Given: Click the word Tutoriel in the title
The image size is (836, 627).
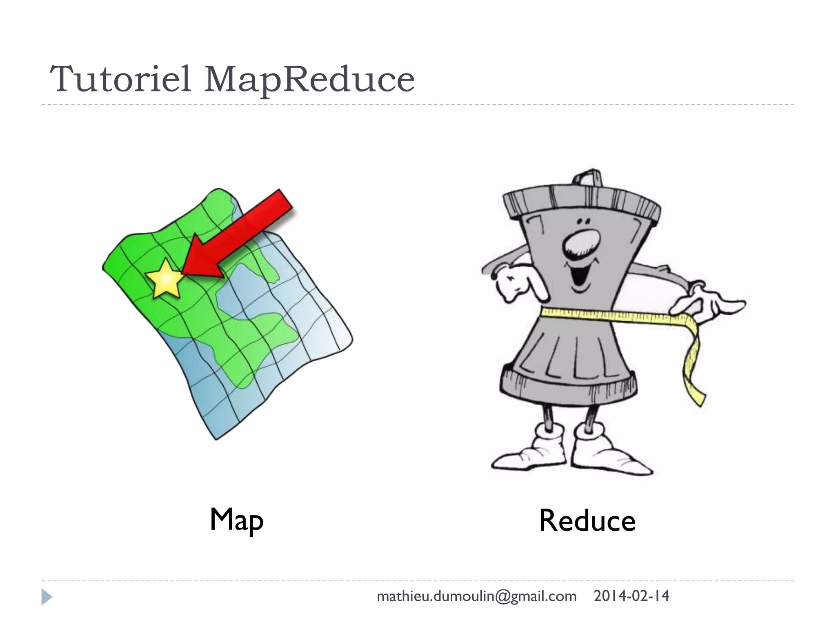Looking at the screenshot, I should click(121, 78).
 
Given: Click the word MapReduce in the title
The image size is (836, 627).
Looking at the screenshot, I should click(309, 79).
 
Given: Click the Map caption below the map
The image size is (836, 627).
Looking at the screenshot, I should click(236, 520).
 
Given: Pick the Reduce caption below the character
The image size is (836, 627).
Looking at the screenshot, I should click(587, 521).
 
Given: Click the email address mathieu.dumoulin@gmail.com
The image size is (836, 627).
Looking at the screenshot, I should click(476, 596).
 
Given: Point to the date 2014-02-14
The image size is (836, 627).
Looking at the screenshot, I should click(631, 596).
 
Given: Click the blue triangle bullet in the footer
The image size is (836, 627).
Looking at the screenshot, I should click(47, 597).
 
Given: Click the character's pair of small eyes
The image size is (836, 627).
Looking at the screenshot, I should click(583, 221).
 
